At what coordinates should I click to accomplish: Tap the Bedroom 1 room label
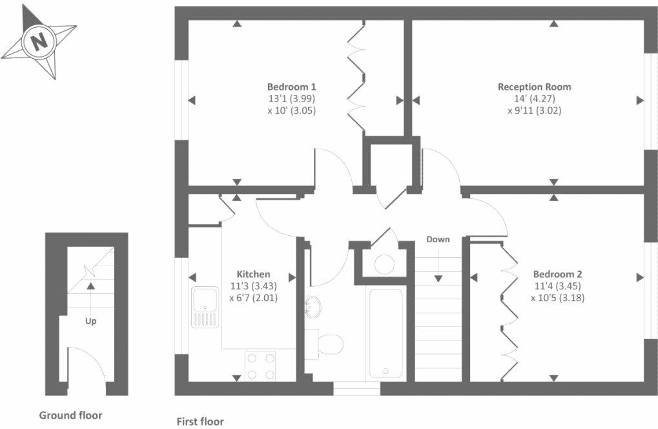point(291,87)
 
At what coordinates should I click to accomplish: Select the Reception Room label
point(534,87)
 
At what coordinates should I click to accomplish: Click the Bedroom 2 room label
point(557,273)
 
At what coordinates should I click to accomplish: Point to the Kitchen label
point(253,274)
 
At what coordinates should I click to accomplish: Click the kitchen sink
point(205,306)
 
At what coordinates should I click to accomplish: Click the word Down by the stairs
point(438,239)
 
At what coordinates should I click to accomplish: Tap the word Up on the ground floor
point(91,320)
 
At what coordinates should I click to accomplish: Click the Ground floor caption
point(70,415)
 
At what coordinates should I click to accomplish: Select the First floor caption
point(200,422)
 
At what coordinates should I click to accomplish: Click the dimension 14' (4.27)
point(535,98)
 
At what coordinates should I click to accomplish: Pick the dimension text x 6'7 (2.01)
point(253,298)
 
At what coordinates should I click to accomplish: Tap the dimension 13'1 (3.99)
point(291,98)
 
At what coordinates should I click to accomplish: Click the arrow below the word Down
point(438,277)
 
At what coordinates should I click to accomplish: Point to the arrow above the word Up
point(91,285)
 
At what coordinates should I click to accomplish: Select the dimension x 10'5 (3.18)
point(557,298)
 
